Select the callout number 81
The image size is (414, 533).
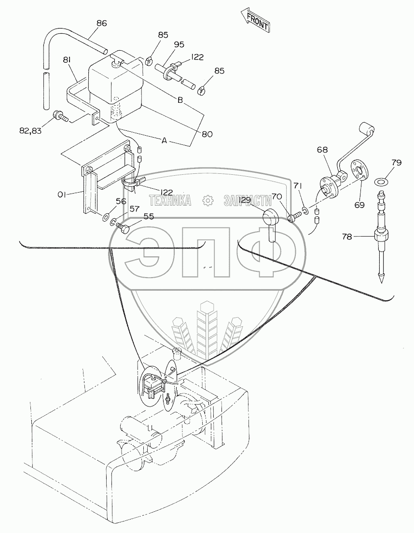67,60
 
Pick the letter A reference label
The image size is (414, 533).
165,140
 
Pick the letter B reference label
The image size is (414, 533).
179,100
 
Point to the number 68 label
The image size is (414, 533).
322,150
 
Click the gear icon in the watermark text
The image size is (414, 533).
207,199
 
